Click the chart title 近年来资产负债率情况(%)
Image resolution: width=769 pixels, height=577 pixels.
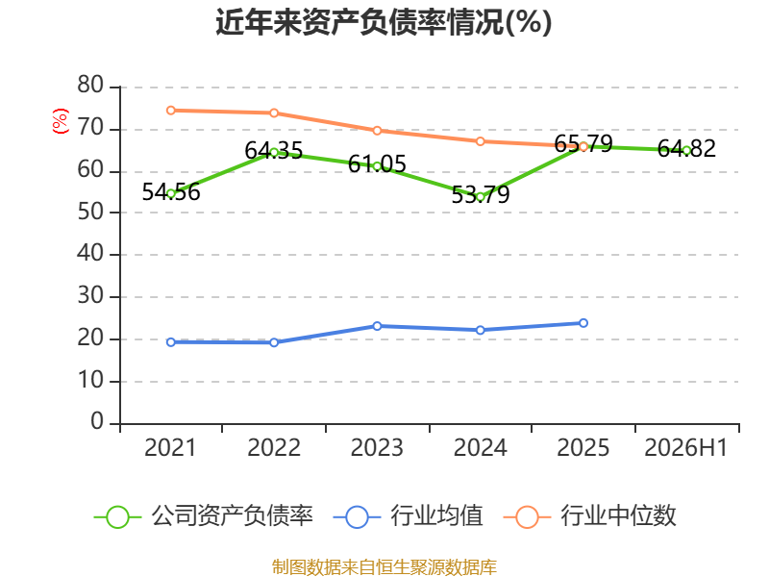384,22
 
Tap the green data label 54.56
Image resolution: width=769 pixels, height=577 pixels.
171,191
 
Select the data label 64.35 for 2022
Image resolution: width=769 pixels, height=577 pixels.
274,151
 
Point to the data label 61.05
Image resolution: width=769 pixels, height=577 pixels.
377,163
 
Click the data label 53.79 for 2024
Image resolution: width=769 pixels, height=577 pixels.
480,195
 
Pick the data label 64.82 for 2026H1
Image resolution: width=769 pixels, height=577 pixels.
686,149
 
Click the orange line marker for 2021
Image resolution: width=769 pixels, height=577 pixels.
171,111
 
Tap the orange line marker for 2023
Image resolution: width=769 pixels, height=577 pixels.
377,131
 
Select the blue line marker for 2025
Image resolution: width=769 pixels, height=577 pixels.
583,323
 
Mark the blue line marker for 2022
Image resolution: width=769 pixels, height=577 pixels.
274,342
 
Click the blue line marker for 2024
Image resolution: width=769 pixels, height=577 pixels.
480,330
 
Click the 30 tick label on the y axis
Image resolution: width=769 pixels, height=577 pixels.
90,296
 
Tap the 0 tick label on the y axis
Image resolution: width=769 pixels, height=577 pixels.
97,422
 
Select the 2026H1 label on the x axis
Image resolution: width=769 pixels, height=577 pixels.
685,448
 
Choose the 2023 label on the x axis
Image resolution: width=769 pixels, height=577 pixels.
377,448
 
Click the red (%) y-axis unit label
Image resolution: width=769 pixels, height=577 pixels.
61,121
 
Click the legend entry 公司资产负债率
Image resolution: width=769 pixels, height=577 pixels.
204,516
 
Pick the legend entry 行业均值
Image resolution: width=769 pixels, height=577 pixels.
408,516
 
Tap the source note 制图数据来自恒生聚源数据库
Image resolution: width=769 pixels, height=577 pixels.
384,567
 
